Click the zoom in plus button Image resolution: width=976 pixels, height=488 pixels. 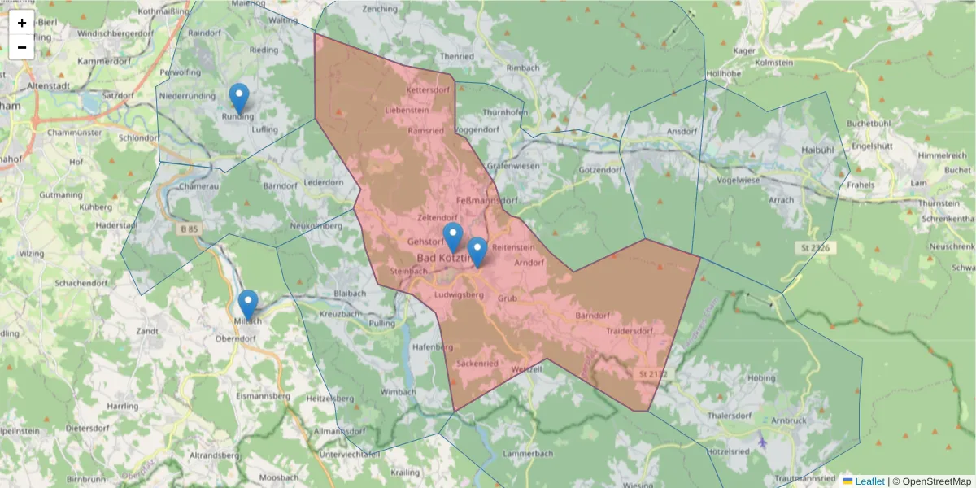click(22, 23)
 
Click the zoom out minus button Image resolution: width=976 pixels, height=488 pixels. click(22, 47)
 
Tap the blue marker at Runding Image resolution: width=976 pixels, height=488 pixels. click(238, 98)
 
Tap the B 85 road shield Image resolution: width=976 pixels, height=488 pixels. click(189, 229)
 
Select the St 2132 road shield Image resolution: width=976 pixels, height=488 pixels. click(652, 374)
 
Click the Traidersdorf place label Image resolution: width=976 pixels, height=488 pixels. click(630, 331)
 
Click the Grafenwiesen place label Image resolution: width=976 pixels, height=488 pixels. click(513, 166)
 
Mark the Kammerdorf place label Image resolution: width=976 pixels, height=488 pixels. click(105, 61)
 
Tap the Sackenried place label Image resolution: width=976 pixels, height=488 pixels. click(477, 364)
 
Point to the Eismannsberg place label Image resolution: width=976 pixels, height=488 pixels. click(262, 396)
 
